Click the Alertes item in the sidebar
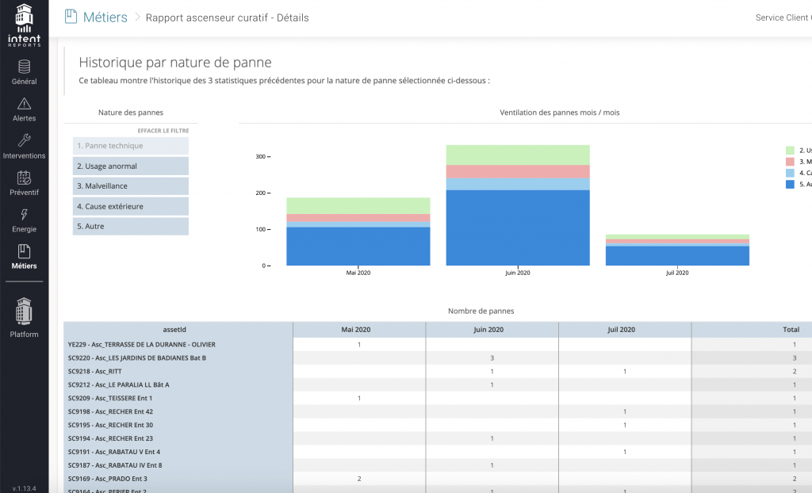24,109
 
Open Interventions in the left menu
24,147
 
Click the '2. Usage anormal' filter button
131,166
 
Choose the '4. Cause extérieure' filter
131,206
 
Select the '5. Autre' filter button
131,227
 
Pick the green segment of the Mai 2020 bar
358,205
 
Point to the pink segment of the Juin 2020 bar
517,171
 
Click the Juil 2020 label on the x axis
676,273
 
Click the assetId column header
178,330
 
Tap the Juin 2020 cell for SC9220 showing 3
492,357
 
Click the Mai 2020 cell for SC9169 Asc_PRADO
359,479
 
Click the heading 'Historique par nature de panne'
175,63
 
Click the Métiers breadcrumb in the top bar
105,17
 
